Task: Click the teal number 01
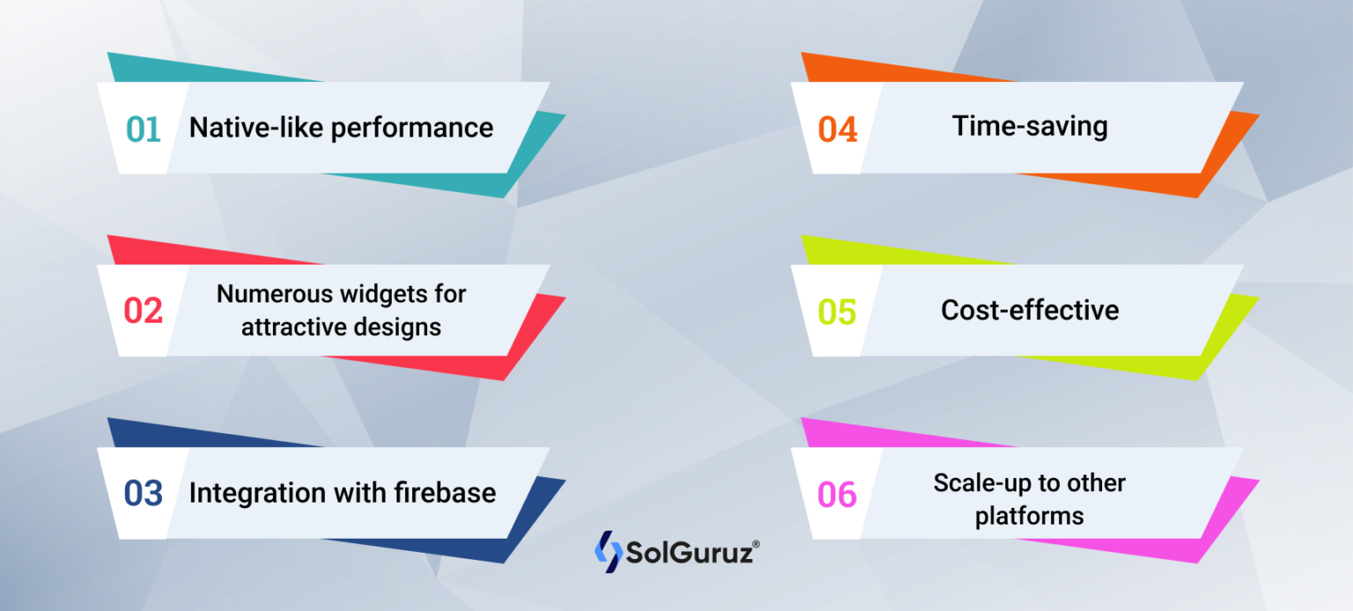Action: [x=143, y=130]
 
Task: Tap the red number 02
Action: [x=143, y=311]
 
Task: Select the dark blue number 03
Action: [x=143, y=494]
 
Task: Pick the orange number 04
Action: [x=837, y=130]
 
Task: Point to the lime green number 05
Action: [x=837, y=312]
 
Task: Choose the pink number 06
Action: [x=837, y=495]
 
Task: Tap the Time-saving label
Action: [x=1029, y=126]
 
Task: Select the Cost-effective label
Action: [x=1030, y=310]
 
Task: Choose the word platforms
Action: [x=1029, y=516]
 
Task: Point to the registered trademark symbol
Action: [x=756, y=544]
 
